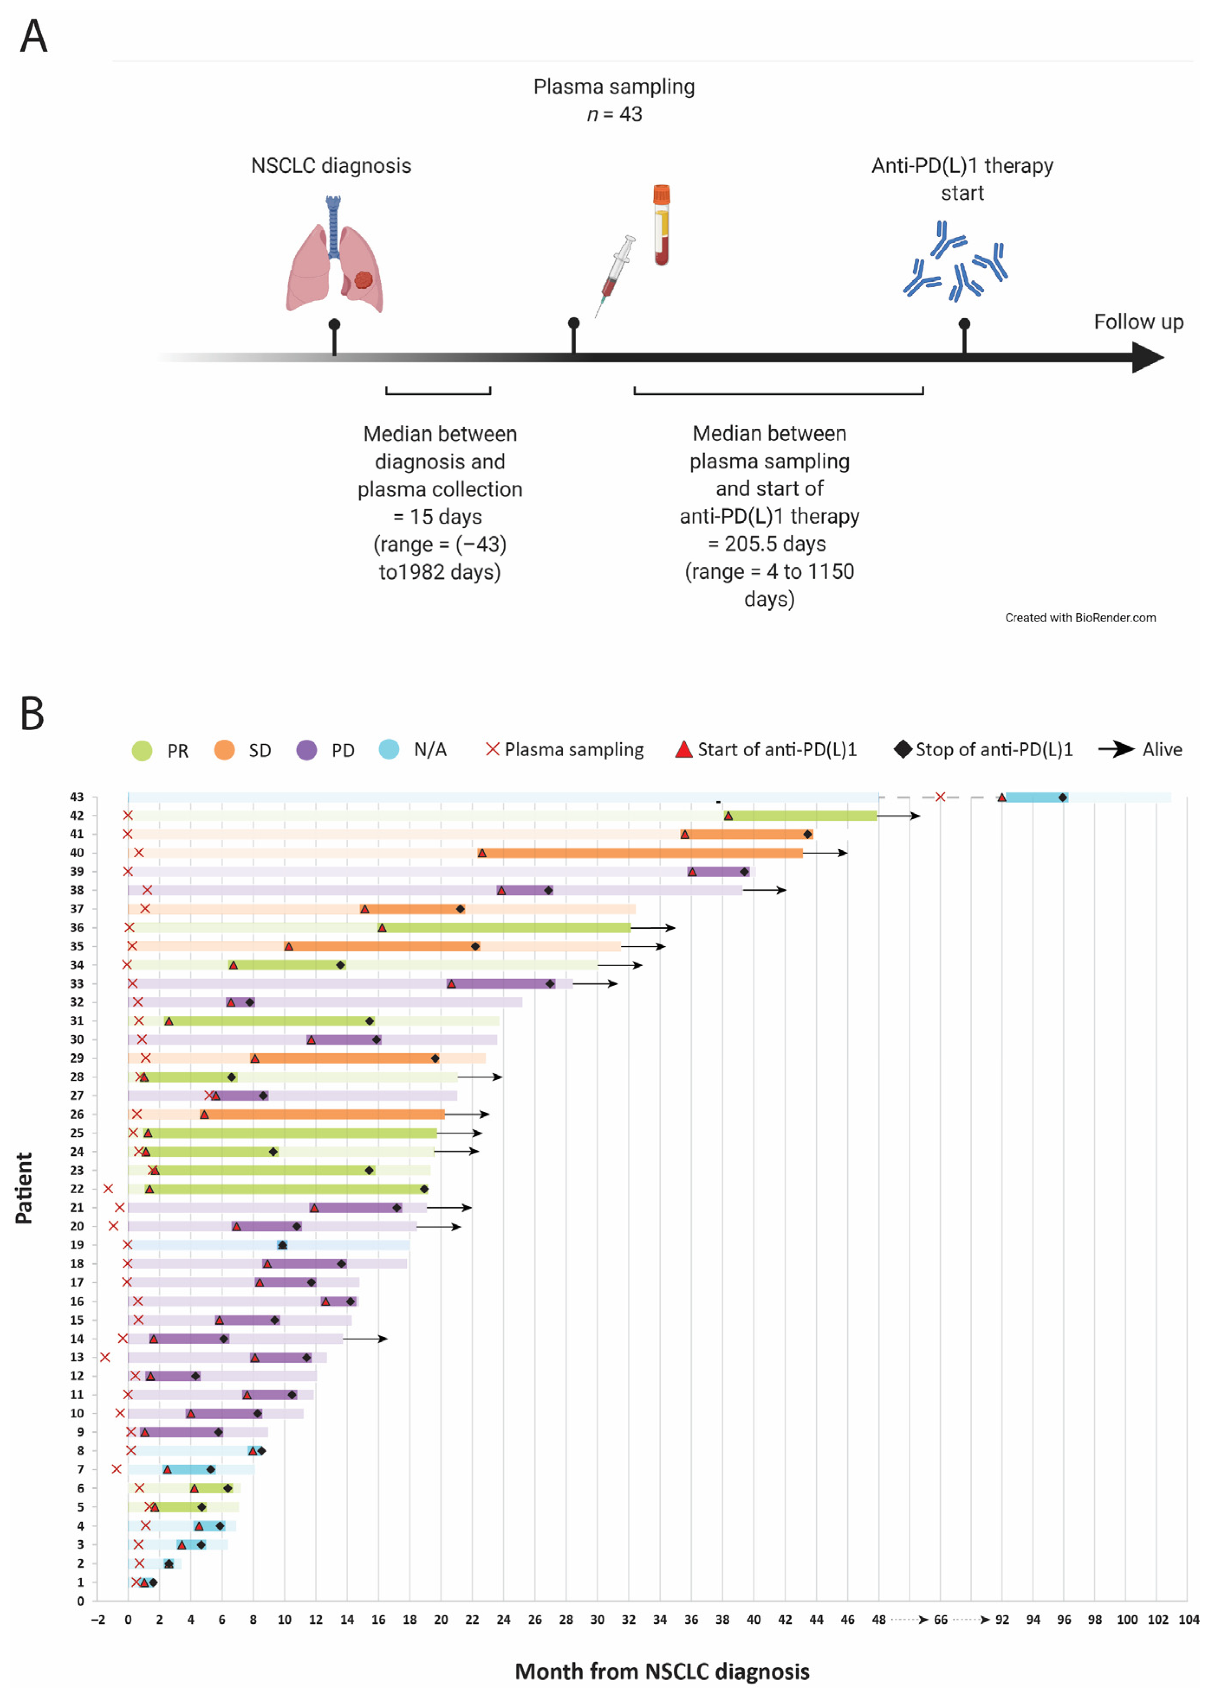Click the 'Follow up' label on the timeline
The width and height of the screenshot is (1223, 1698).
point(1138,322)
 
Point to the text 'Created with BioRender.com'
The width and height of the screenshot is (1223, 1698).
point(1080,617)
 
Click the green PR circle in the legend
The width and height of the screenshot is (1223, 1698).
point(142,750)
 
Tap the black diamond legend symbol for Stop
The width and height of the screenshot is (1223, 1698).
point(903,749)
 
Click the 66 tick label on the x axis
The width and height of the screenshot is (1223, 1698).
point(940,1620)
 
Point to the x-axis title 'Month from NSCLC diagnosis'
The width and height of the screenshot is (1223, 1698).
point(662,1671)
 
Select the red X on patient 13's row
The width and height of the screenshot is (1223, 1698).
point(105,1357)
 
